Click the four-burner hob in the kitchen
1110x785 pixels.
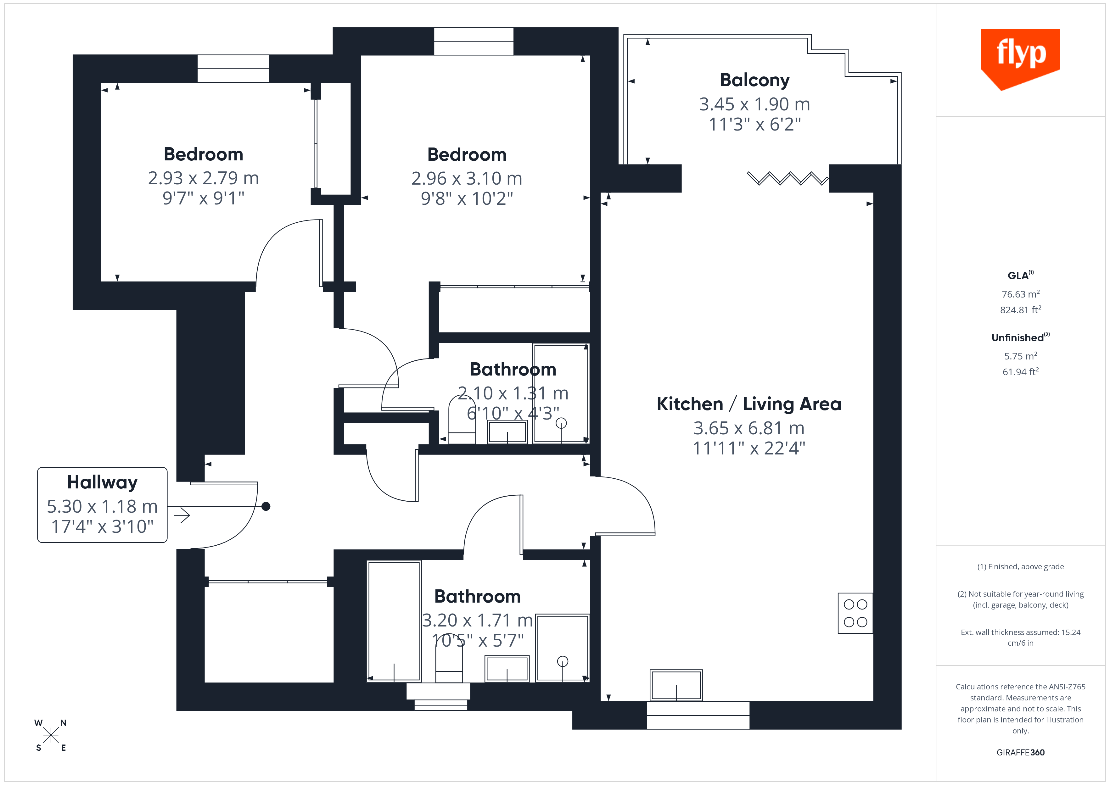(x=855, y=613)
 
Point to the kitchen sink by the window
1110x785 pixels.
(x=676, y=685)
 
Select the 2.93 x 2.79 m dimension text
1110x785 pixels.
(x=203, y=178)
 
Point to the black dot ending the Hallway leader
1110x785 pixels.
(x=266, y=507)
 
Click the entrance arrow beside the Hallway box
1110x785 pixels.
(x=182, y=515)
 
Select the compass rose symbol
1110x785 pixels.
(x=50, y=735)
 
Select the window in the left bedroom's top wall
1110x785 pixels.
(x=233, y=69)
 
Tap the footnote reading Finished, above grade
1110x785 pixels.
(x=1020, y=566)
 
